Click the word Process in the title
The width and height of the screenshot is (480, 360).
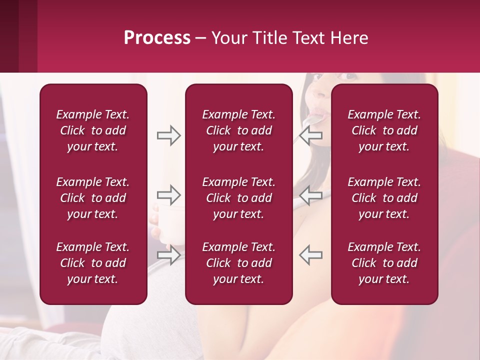click(157, 38)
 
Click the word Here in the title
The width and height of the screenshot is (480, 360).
click(350, 38)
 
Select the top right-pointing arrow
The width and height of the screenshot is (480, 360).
click(168, 135)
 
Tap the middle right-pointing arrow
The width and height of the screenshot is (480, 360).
click(168, 195)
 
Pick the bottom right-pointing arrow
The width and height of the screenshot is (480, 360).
click(168, 255)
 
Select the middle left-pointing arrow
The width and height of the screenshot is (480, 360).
click(311, 195)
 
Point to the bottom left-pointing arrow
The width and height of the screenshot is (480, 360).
click(311, 255)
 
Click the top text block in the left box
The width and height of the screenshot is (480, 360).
click(93, 130)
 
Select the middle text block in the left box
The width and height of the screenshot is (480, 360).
click(93, 198)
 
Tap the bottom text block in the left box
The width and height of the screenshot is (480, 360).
click(93, 263)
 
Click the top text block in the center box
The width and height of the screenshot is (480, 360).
click(239, 130)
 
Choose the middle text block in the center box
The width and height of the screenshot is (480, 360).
click(239, 198)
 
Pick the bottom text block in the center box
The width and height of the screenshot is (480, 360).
click(239, 263)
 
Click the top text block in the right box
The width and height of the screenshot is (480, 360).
click(384, 130)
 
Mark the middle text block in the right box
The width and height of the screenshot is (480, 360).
click(384, 198)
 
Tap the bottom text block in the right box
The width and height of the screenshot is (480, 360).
click(384, 263)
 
